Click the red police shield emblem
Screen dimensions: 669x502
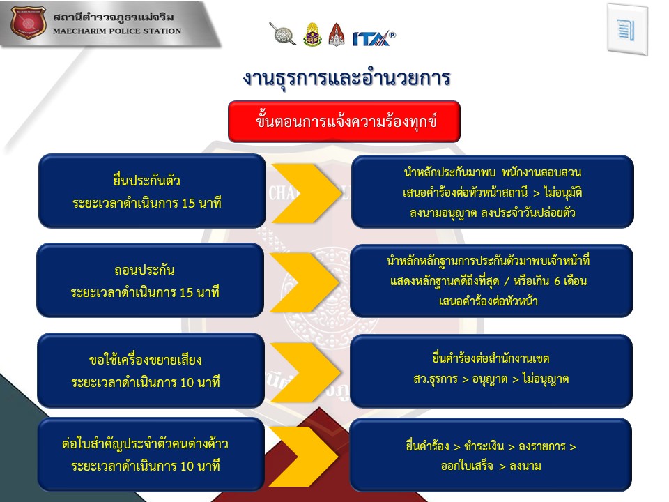pyautogui.click(x=28, y=22)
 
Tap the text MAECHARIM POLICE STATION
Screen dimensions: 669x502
pyautogui.click(x=117, y=31)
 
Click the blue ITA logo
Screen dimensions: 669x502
pyautogui.click(x=374, y=38)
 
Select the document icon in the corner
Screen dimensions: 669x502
pyautogui.click(x=626, y=29)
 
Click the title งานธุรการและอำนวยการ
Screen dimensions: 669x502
pyautogui.click(x=346, y=77)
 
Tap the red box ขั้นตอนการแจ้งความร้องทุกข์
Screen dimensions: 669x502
pyautogui.click(x=344, y=121)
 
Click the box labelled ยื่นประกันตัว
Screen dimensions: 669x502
pyautogui.click(x=152, y=191)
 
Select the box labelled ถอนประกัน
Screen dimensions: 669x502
pyautogui.click(x=151, y=280)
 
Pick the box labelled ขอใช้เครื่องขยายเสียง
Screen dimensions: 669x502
pyautogui.click(x=151, y=370)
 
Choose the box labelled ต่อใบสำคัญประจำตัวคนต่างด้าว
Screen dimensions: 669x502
pyautogui.click(x=151, y=454)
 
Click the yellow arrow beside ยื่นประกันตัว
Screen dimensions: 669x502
pyautogui.click(x=307, y=193)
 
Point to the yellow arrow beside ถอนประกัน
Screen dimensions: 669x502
pyautogui.click(x=305, y=282)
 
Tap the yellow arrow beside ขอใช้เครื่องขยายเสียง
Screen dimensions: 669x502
pyautogui.click(x=305, y=372)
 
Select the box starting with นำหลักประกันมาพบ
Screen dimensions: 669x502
pyautogui.click(x=493, y=192)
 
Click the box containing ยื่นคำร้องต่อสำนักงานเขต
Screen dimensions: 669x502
pyautogui.click(x=491, y=371)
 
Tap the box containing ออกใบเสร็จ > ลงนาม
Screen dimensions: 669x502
pyautogui.click(x=491, y=455)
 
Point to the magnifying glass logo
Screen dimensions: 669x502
pyautogui.click(x=282, y=33)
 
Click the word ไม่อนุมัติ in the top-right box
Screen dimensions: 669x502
pyautogui.click(x=563, y=193)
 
